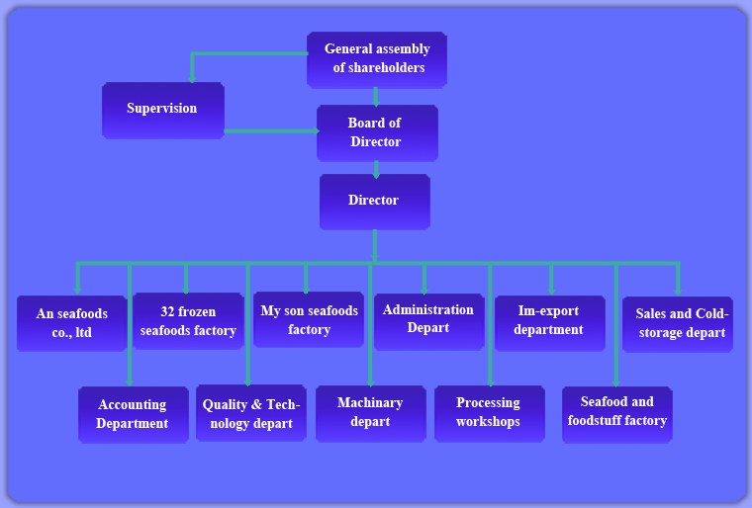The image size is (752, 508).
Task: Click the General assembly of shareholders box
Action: click(377, 60)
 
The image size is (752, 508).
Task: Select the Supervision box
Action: click(163, 111)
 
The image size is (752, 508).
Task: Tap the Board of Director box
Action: click(377, 133)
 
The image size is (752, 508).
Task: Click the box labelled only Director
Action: click(375, 202)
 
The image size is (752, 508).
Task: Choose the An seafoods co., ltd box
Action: click(72, 323)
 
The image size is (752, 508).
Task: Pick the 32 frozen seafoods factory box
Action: click(188, 321)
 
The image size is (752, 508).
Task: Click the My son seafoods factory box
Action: click(309, 319)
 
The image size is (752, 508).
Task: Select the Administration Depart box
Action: click(429, 321)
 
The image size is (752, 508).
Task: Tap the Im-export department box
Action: click(550, 323)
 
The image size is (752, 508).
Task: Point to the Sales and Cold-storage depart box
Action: click(678, 324)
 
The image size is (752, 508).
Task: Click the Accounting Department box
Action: click(134, 414)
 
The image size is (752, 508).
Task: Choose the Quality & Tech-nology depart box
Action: click(251, 413)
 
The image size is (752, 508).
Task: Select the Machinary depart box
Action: click(371, 413)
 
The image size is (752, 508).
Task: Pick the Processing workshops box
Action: click(490, 413)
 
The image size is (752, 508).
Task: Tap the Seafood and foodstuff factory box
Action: click(617, 414)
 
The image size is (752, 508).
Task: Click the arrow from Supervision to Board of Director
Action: click(271, 130)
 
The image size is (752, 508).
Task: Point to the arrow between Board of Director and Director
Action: click(376, 169)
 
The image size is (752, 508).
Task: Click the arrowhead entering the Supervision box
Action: click(192, 78)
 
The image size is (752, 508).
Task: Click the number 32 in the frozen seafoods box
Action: click(167, 311)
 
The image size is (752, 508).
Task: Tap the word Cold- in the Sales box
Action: click(711, 313)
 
